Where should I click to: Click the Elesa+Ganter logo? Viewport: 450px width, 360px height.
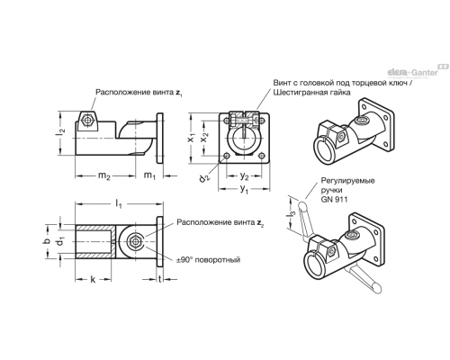418,71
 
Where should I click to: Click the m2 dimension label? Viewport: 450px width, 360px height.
104,176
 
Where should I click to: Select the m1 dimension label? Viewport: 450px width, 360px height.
149,175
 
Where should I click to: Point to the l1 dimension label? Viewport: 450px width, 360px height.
119,204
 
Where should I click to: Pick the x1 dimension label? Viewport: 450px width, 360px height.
191,139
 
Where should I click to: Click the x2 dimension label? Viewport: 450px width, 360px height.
204,139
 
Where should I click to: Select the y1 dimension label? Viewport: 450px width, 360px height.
244,190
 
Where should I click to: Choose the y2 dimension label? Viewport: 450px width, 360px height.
244,176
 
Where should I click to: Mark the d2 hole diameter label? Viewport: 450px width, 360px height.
204,177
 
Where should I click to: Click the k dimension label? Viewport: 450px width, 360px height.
93,280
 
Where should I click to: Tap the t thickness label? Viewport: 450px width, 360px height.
160,279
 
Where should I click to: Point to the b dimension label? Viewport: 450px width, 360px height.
46,241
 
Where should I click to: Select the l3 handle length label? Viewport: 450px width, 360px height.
291,216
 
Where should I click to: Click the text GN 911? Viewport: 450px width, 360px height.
334,199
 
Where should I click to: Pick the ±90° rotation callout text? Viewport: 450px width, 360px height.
209,260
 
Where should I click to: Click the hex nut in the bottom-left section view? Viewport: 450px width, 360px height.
133,241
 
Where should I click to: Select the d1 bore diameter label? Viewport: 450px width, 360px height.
61,241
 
